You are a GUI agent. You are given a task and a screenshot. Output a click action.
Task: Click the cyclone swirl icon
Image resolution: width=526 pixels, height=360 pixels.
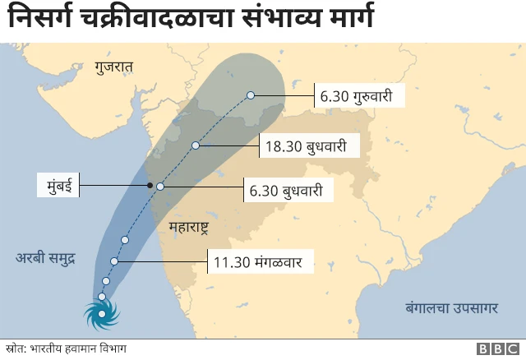click(102, 313)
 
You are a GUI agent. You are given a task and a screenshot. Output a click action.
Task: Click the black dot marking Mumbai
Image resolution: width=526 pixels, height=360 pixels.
click(150, 185)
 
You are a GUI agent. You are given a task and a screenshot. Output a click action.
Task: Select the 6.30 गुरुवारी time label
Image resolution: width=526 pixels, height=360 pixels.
click(362, 96)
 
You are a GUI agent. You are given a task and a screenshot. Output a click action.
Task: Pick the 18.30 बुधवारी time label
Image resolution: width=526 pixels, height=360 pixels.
click(311, 147)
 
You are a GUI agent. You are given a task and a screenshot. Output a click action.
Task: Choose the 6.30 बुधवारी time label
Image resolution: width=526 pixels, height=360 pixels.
click(292, 192)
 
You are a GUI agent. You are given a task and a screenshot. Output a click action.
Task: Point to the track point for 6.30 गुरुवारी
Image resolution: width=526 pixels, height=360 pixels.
click(251, 95)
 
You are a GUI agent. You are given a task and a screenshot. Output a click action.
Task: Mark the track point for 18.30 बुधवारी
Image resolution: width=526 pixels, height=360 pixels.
click(196, 145)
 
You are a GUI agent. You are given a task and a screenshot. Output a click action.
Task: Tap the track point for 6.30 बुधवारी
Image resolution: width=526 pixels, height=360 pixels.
click(161, 187)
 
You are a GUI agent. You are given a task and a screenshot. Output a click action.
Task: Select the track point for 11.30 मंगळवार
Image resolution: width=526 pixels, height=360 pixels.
click(115, 261)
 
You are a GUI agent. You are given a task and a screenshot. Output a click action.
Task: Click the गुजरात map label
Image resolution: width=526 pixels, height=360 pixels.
click(113, 67)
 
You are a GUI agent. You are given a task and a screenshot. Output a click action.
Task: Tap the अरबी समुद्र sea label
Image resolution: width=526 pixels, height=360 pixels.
click(46, 258)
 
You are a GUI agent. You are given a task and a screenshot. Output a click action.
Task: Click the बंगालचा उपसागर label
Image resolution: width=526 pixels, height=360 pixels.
click(451, 308)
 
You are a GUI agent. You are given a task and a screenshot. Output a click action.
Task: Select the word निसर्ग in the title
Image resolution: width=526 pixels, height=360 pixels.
click(39, 19)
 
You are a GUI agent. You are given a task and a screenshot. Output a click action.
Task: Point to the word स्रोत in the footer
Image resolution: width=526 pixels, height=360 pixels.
click(15, 348)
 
